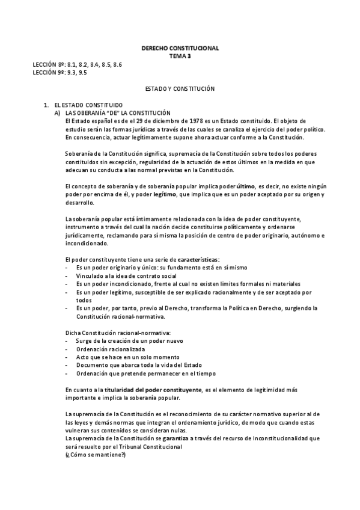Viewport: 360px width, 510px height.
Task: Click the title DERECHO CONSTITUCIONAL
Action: tap(180, 48)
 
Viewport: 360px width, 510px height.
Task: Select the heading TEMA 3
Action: tap(180, 55)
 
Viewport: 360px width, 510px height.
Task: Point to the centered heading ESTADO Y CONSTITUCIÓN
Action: tap(180, 88)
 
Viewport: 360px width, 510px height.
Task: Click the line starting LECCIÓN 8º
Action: tap(78, 64)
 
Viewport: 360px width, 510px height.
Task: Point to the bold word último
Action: tap(246, 186)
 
